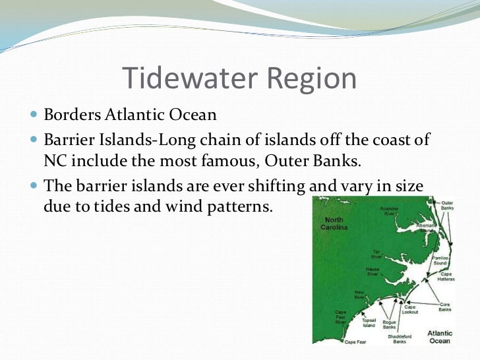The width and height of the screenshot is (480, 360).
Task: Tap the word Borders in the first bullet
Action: [x=71, y=115]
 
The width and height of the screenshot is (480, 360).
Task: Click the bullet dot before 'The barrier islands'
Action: [x=34, y=186]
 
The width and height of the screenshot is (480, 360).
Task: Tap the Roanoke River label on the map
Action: [x=389, y=212]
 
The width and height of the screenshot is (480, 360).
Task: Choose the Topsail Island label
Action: [x=369, y=322]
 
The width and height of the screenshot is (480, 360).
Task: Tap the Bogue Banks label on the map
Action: [x=389, y=324]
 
